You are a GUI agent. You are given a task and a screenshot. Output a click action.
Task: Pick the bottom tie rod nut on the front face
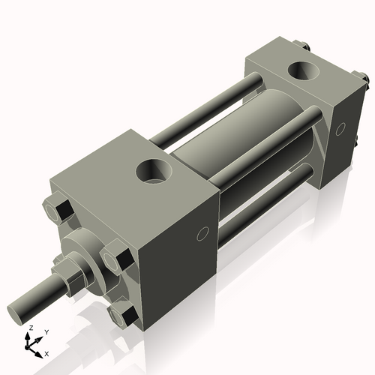(121, 314)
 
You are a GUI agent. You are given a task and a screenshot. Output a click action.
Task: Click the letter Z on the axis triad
(31, 328)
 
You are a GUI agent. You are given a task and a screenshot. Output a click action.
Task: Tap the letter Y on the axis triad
(46, 331)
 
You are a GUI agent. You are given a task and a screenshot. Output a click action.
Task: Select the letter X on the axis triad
(46, 352)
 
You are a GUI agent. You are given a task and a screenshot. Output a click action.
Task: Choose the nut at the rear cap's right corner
(361, 78)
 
